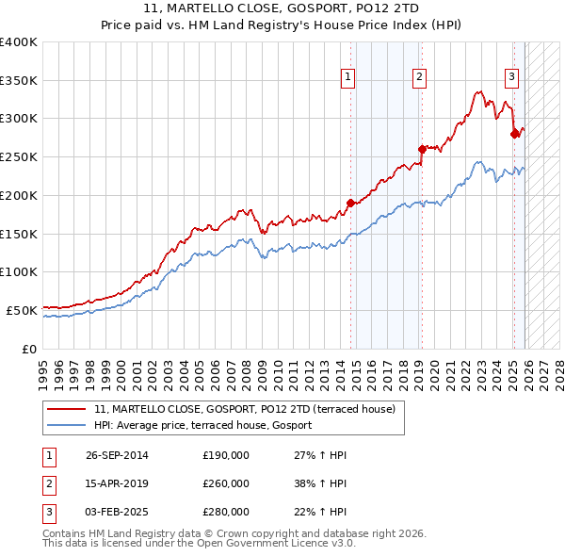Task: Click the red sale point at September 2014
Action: tap(350, 203)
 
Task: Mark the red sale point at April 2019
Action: tap(422, 149)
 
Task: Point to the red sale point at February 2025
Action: tap(514, 134)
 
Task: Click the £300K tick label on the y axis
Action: tap(19, 119)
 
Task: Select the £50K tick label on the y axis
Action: tap(22, 310)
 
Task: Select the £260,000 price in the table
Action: tap(226, 483)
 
